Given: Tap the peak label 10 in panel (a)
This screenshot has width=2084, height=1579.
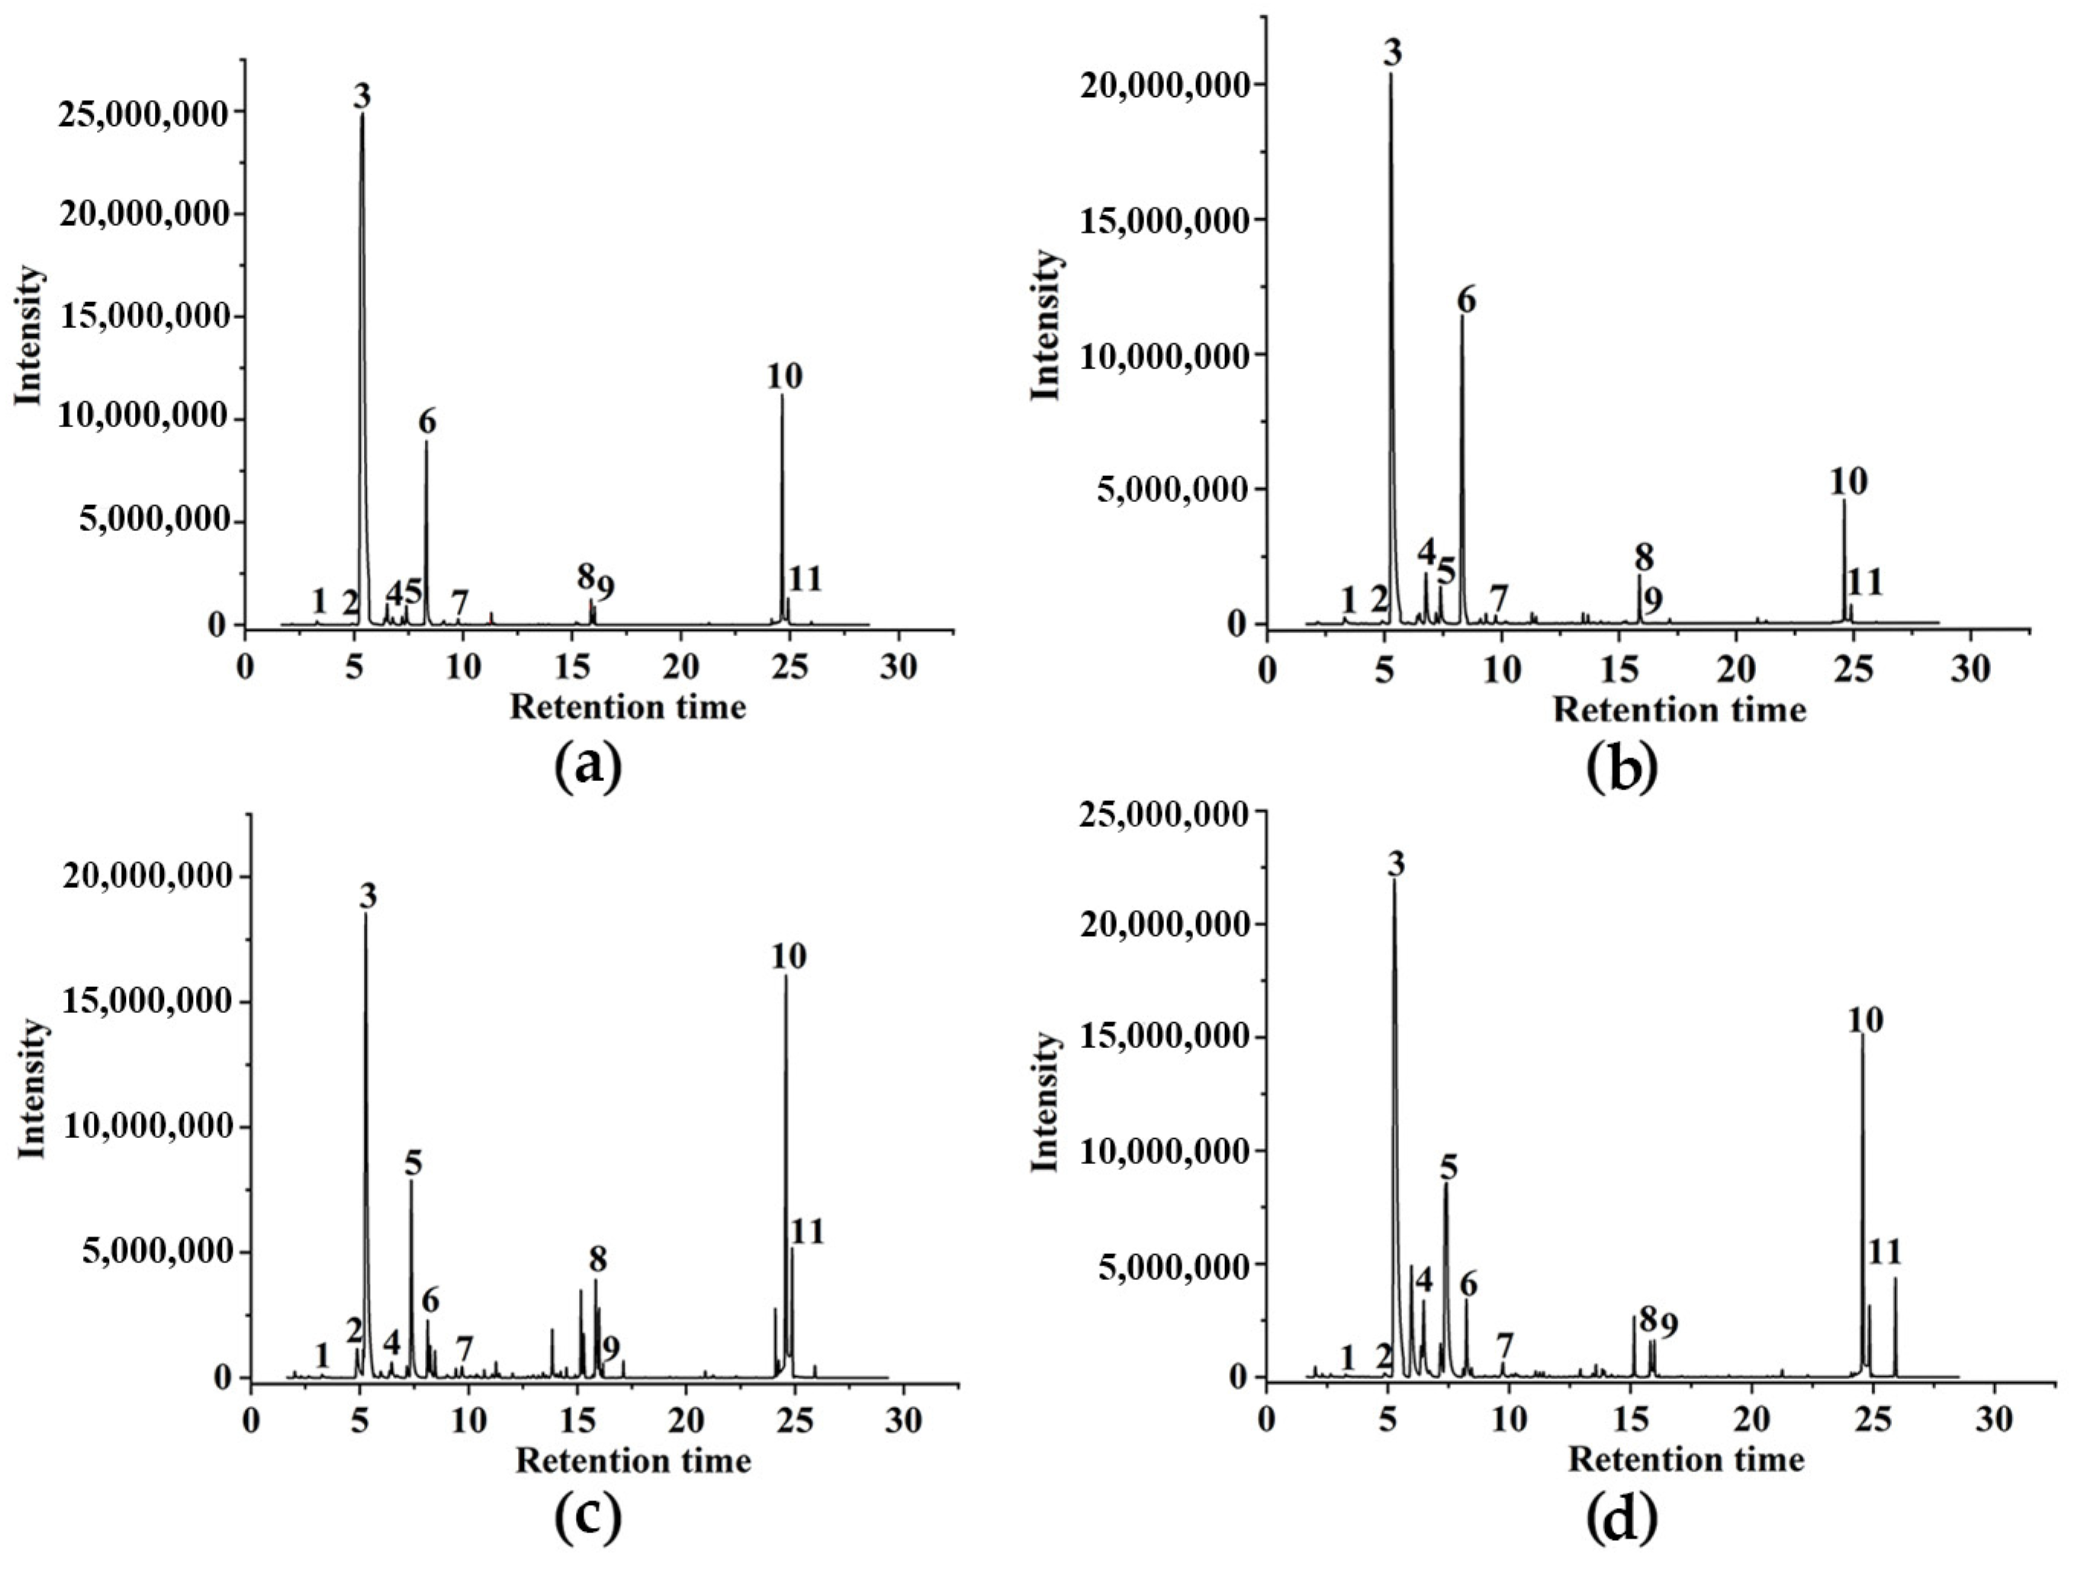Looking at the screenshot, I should click(784, 376).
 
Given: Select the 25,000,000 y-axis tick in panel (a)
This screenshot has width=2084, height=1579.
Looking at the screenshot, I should click(143, 112).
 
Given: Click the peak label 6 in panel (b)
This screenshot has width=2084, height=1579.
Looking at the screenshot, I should click(1466, 301).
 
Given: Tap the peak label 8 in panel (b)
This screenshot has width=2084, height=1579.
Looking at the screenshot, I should click(1644, 556).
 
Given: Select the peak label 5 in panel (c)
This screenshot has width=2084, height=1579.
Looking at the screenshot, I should click(413, 1163).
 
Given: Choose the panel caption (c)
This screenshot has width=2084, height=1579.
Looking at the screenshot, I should click(589, 1519).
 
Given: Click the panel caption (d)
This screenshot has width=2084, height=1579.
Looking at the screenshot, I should click(1622, 1519).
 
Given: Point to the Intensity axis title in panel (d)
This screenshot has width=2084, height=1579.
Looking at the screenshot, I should click(1046, 1102).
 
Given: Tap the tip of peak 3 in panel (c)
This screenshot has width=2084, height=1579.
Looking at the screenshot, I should click(365, 915).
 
